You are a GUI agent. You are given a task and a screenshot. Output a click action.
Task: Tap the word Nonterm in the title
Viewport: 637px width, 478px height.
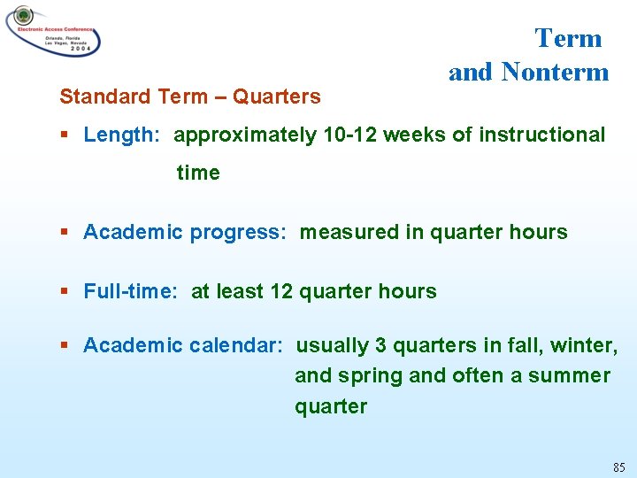coord(555,72)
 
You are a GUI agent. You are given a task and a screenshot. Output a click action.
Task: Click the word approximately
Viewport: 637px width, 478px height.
coord(245,135)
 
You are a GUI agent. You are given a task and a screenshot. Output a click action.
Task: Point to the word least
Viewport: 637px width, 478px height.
coord(242,291)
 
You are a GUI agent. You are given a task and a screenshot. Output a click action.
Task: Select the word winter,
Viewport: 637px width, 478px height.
coord(582,345)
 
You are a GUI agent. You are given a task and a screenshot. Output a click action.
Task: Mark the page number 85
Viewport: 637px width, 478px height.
coord(618,466)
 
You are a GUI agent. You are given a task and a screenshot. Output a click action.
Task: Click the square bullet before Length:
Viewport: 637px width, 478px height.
coord(65,135)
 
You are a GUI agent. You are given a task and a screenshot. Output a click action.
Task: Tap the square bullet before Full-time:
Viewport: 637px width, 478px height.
coord(65,292)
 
